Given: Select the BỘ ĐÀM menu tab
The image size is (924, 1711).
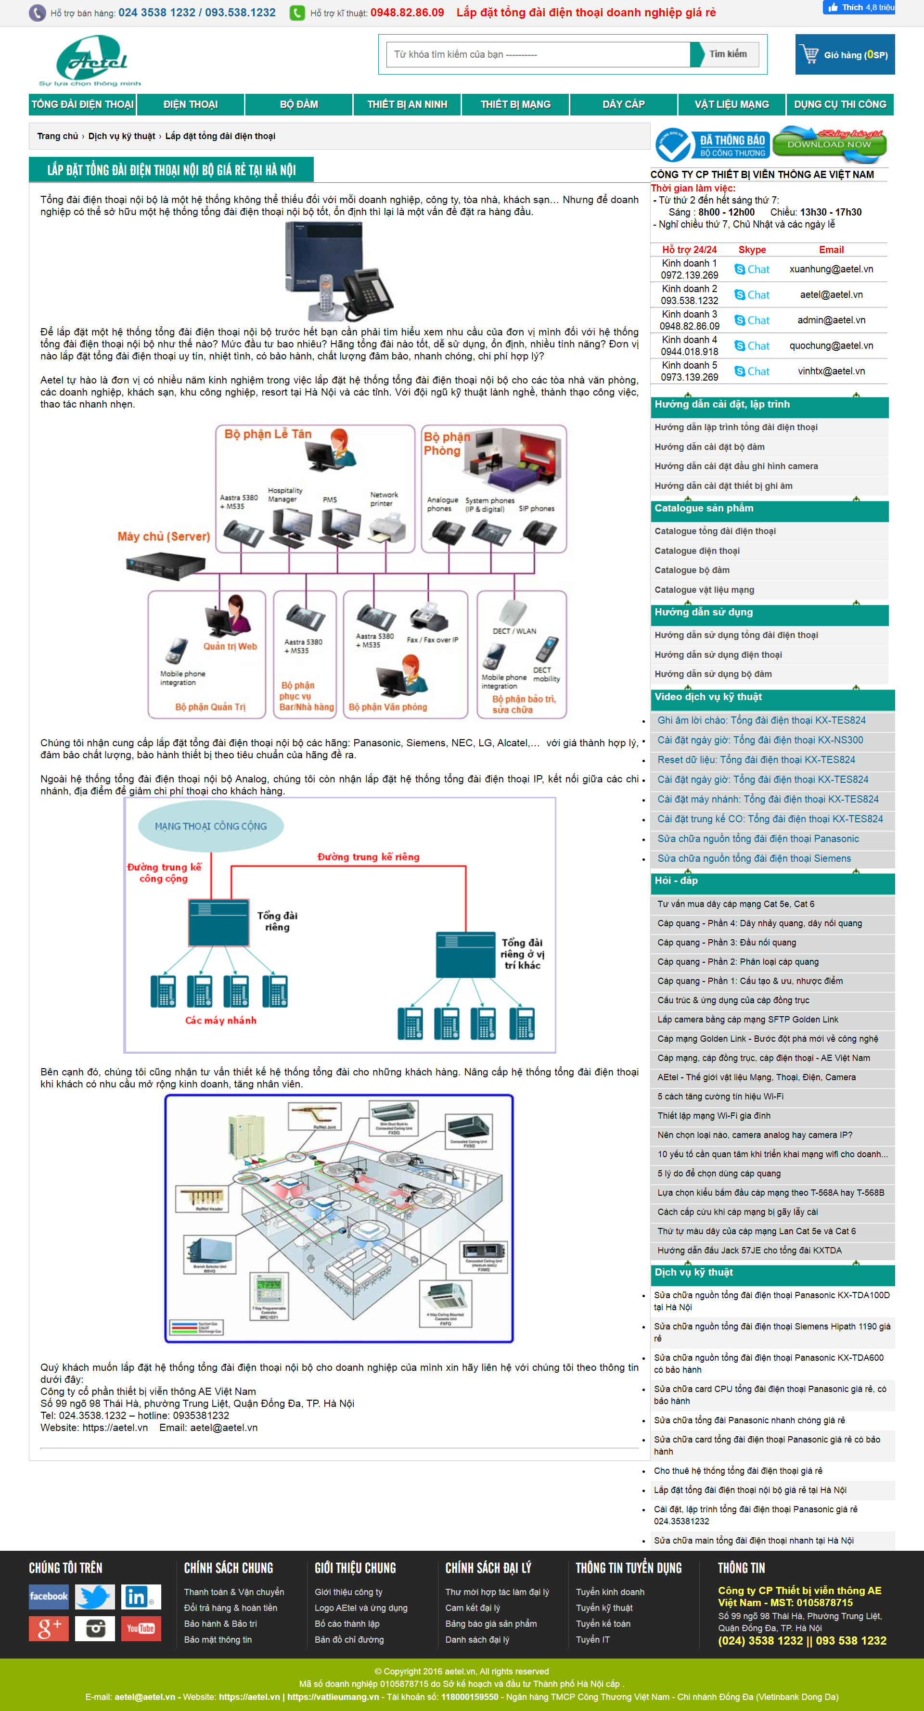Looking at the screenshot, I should pos(298,104).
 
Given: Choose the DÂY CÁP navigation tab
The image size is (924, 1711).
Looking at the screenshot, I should pos(623,104).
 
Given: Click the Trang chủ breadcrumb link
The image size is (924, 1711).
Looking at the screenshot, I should pos(57,136).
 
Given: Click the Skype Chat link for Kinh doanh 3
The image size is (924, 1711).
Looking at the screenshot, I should pos(752,320).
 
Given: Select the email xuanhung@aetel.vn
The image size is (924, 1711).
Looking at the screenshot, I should pos(831,269).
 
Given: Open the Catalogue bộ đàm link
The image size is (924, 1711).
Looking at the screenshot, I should pos(692,570).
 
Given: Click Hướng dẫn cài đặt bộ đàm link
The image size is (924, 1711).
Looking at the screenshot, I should pos(709,447).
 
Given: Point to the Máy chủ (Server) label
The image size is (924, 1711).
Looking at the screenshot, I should pos(164,536).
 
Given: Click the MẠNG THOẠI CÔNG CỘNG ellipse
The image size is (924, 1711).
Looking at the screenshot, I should pos(211,826).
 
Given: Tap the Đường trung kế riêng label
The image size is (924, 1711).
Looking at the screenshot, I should pos(368,857).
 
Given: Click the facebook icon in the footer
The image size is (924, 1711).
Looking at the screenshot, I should pos(49,1596).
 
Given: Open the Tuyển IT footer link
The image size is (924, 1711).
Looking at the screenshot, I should pos(592,1639).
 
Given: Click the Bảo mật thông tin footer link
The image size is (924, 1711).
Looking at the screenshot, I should pos(218,1639).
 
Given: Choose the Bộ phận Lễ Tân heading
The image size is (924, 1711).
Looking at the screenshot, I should pos(268,434).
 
